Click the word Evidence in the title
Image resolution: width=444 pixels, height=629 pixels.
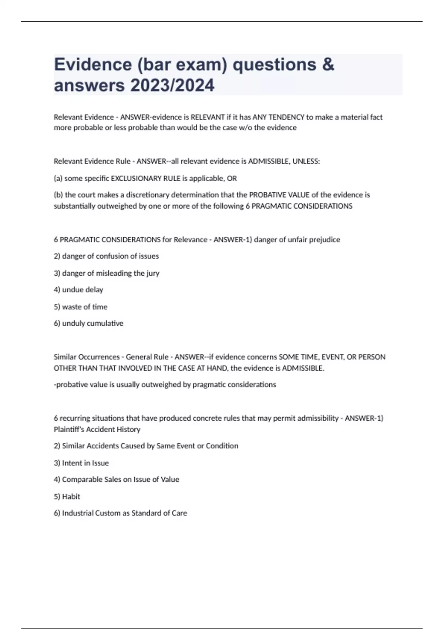(x=93, y=64)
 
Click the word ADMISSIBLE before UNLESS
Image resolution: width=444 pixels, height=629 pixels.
(x=268, y=161)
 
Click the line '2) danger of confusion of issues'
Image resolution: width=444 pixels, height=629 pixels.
(x=106, y=256)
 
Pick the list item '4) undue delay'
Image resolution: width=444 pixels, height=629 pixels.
(x=78, y=290)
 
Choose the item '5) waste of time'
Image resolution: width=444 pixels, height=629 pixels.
(x=81, y=307)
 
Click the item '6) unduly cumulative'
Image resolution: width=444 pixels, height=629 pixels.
(x=88, y=323)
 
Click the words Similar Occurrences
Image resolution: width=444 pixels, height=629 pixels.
(x=87, y=357)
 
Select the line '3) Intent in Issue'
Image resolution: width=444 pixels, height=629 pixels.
(x=81, y=463)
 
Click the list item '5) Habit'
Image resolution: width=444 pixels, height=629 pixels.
(x=67, y=497)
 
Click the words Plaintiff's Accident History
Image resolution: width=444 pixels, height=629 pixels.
(x=97, y=429)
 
